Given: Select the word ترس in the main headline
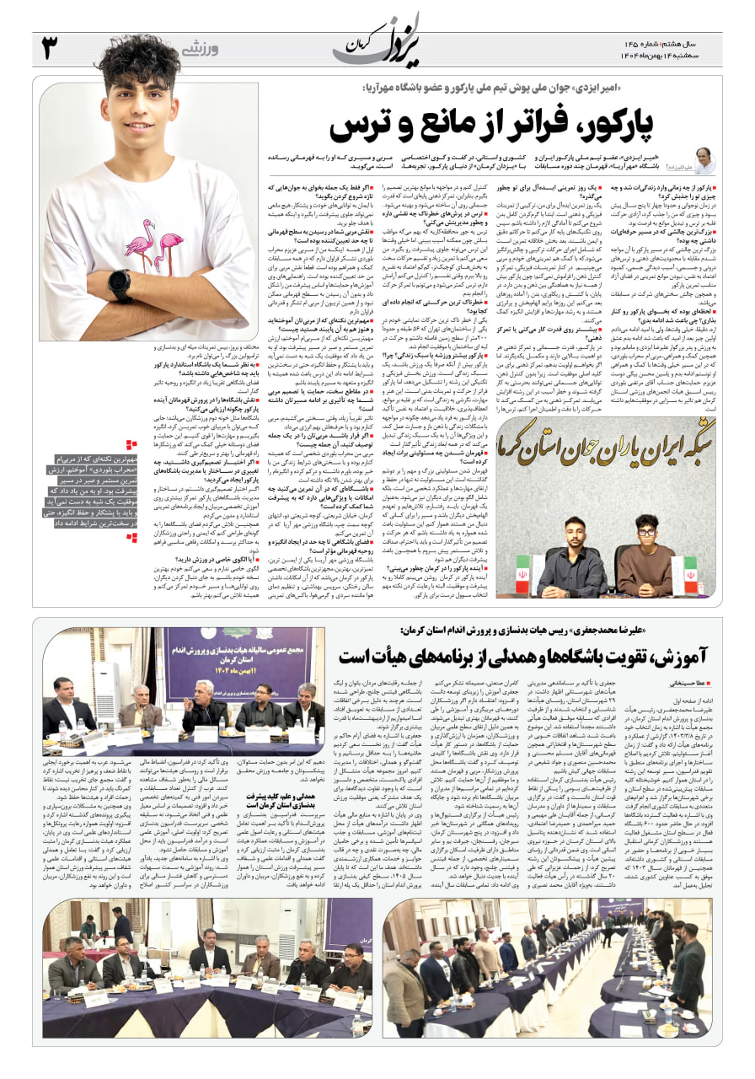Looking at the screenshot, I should tap(362, 125).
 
